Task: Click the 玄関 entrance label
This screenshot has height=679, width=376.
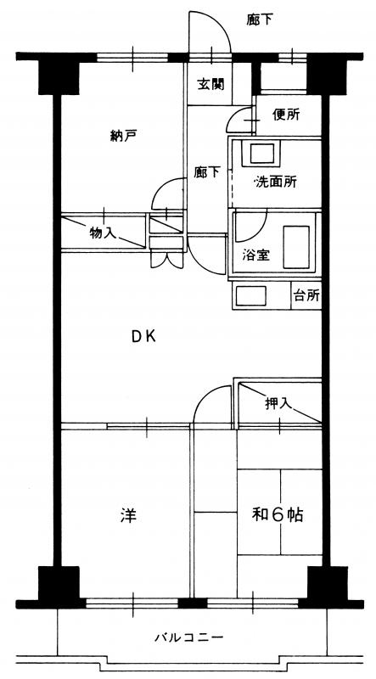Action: pyautogui.click(x=211, y=84)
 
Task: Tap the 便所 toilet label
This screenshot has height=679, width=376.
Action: pyautogui.click(x=286, y=115)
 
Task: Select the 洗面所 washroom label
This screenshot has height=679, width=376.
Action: pyautogui.click(x=276, y=182)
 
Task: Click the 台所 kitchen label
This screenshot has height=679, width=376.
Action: pyautogui.click(x=306, y=295)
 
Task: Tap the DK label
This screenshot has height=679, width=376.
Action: pyautogui.click(x=143, y=336)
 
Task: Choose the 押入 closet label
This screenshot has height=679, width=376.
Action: pyautogui.click(x=278, y=404)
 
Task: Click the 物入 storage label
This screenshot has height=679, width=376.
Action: pyautogui.click(x=103, y=233)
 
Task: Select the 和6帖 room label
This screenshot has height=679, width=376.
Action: pyautogui.click(x=278, y=514)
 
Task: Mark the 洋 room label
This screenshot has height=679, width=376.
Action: pyautogui.click(x=129, y=515)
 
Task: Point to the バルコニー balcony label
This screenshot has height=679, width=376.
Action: pyautogui.click(x=189, y=637)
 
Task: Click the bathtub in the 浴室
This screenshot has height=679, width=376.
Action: pyautogui.click(x=296, y=247)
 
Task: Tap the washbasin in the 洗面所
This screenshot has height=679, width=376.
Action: pyautogui.click(x=262, y=154)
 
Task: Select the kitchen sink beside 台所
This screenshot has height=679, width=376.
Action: pyautogui.click(x=251, y=296)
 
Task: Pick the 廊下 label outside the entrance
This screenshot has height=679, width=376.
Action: pyautogui.click(x=261, y=19)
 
